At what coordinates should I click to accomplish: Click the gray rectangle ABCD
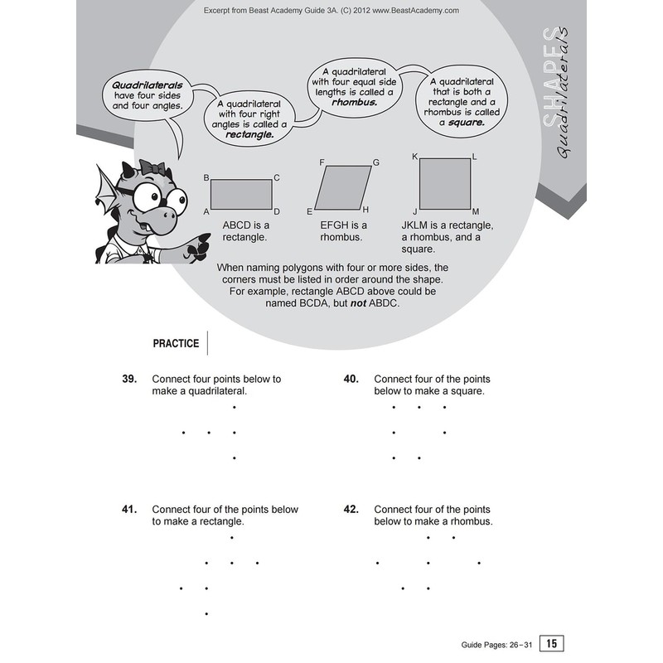(x=241, y=194)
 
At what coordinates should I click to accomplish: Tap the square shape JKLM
(x=444, y=184)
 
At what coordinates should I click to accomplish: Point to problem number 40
(x=351, y=379)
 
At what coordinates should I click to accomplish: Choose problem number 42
(x=351, y=510)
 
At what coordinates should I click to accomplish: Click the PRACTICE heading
(x=176, y=343)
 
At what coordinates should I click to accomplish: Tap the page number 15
(x=551, y=643)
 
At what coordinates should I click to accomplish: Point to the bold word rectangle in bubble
(x=250, y=133)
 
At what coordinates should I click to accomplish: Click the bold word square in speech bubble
(x=466, y=122)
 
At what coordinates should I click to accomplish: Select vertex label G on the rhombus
(x=375, y=162)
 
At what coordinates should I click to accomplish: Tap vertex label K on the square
(x=414, y=156)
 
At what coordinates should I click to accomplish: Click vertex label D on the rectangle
(x=277, y=211)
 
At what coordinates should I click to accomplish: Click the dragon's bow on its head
(x=154, y=167)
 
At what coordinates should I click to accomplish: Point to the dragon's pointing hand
(x=197, y=246)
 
